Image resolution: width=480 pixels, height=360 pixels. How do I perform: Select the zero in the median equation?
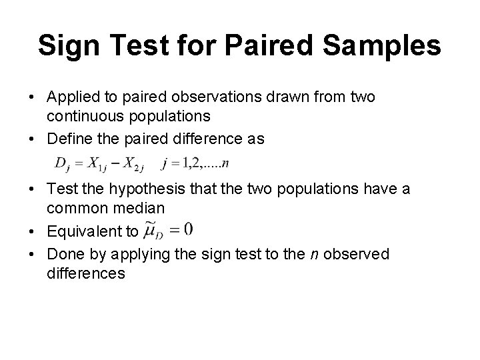coord(189,229)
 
